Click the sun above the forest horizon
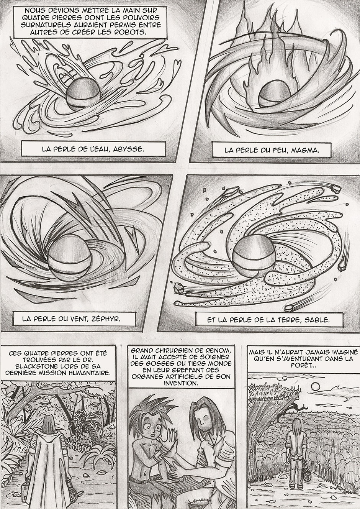click(315, 386)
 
